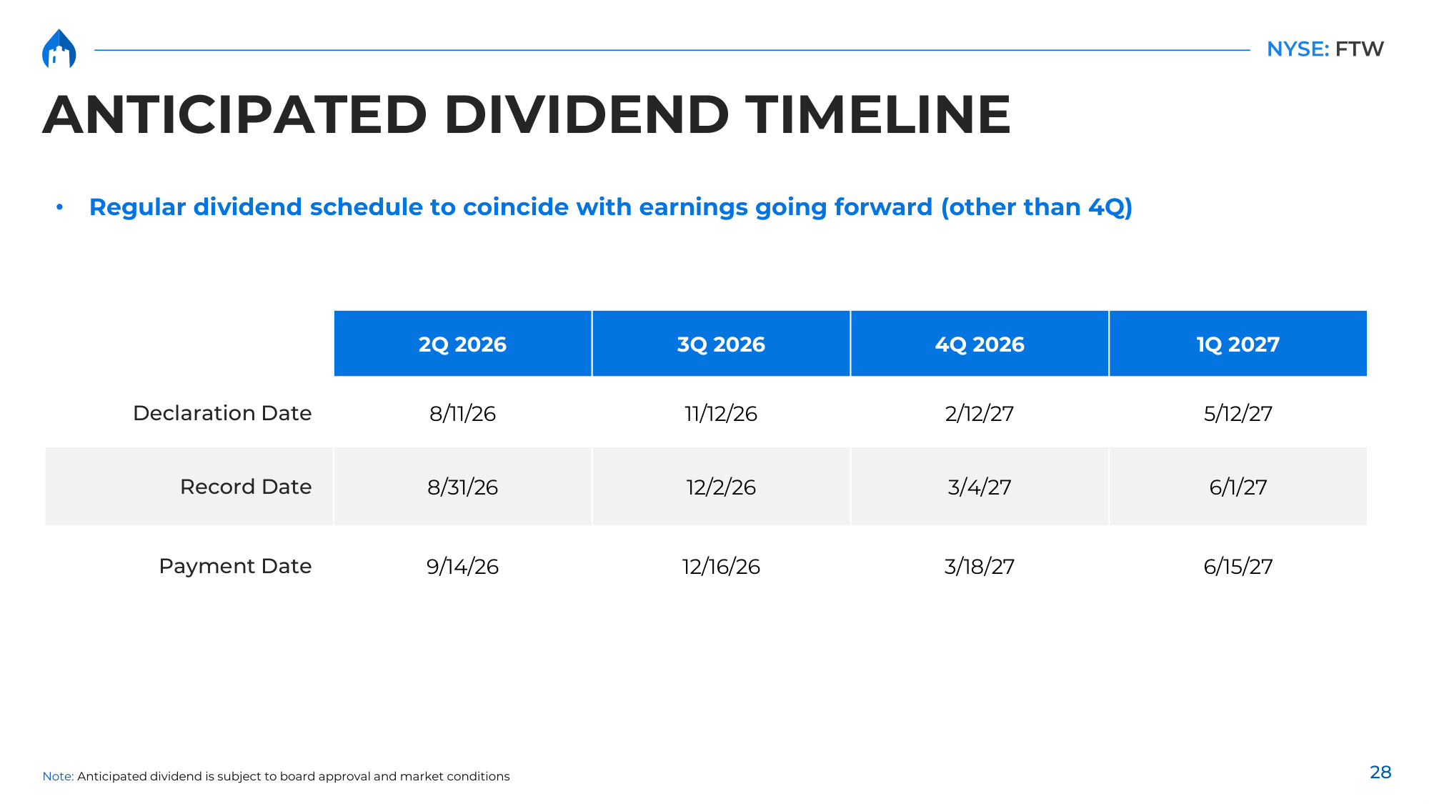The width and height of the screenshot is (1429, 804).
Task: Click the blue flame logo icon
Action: (x=59, y=49)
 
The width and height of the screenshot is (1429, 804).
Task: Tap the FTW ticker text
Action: (x=1359, y=49)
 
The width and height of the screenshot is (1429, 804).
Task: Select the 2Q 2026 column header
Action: (x=462, y=344)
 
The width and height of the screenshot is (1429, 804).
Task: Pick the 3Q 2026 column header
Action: (x=721, y=344)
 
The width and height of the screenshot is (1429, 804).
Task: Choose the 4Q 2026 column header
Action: (x=980, y=344)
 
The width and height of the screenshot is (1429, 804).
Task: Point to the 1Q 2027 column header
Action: (x=1238, y=344)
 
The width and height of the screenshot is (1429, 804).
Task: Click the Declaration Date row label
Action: (x=222, y=413)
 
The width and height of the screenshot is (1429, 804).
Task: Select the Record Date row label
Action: (x=246, y=487)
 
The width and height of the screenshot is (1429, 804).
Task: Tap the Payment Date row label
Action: (x=235, y=566)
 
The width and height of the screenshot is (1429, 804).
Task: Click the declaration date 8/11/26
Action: (x=462, y=414)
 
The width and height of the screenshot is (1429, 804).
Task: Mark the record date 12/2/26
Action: (x=721, y=487)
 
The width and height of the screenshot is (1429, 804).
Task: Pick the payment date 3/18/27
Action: (x=980, y=567)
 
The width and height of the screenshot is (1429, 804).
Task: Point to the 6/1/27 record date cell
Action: (x=1238, y=487)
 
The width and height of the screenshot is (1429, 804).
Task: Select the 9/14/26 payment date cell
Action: (x=462, y=567)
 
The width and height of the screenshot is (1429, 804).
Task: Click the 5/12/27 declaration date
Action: (x=1238, y=414)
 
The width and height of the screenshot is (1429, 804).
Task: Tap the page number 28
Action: (x=1380, y=773)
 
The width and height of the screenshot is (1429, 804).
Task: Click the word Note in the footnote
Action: (x=58, y=776)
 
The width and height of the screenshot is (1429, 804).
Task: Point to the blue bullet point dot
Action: (x=60, y=207)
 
